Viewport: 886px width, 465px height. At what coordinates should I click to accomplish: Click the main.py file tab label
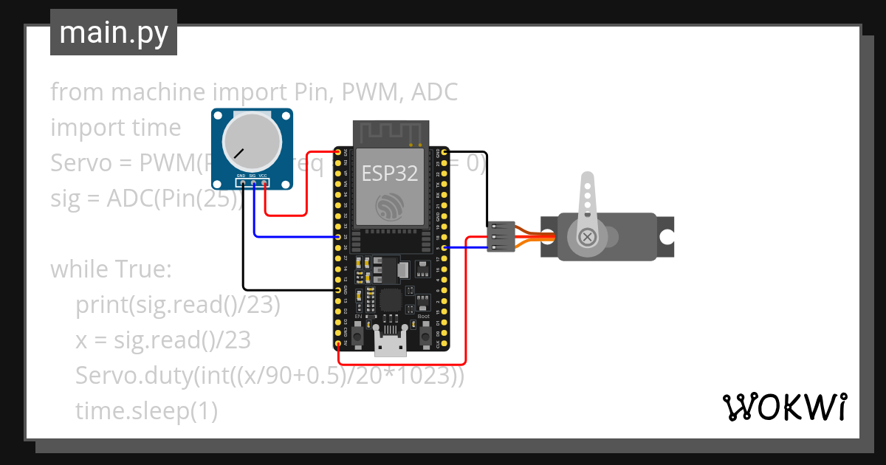coord(113,32)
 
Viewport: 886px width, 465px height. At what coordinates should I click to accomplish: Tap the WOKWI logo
coord(783,407)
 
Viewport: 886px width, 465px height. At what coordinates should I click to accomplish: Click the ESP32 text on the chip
coord(389,173)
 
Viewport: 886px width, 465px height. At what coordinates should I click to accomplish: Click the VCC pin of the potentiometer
coord(264,182)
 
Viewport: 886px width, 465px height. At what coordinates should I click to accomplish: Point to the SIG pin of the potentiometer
coord(253,182)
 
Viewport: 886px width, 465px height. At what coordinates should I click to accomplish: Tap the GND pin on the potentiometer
coord(241,182)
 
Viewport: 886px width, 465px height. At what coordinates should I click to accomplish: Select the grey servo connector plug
coord(501,236)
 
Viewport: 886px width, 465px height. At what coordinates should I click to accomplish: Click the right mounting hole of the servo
coord(667,237)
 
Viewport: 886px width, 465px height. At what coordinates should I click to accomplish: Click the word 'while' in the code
coord(78,269)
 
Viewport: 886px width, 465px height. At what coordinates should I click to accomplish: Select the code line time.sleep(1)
coord(146,411)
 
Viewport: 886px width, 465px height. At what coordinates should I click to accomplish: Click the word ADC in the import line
coord(434,92)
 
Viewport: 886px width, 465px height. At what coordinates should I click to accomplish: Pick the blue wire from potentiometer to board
coord(295,237)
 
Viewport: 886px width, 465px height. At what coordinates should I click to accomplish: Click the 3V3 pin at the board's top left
coord(338,152)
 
